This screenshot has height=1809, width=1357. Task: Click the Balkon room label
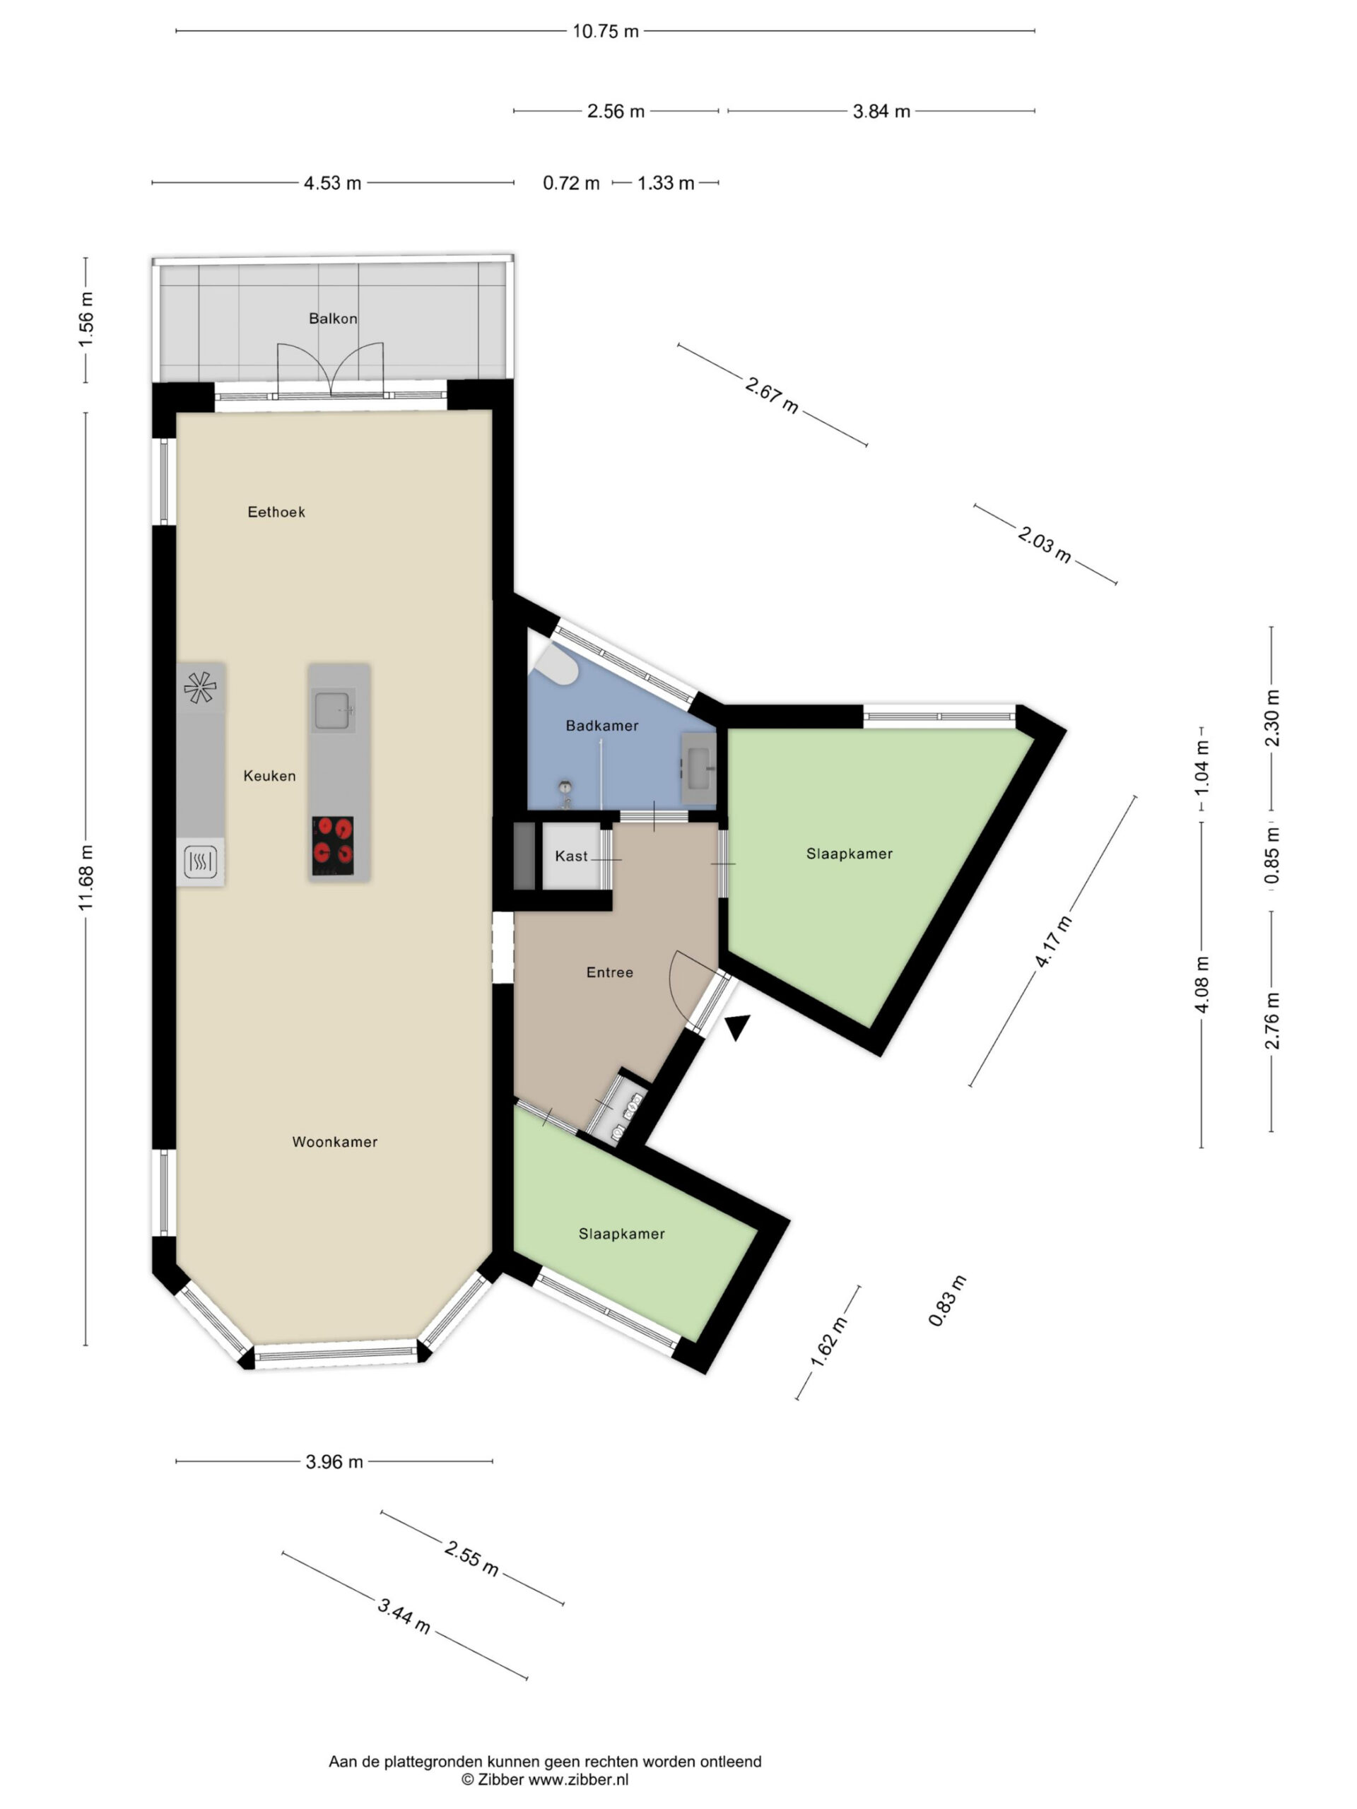(x=333, y=319)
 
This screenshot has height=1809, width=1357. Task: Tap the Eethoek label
(x=276, y=512)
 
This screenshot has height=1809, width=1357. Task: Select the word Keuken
(x=269, y=775)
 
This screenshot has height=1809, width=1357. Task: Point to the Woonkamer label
(x=334, y=1142)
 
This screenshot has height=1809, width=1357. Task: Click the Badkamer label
(x=602, y=726)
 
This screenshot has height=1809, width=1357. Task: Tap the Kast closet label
(x=571, y=856)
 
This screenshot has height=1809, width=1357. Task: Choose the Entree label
(x=609, y=972)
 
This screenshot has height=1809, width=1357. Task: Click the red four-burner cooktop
(x=333, y=846)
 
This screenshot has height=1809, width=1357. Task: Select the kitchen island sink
(x=333, y=709)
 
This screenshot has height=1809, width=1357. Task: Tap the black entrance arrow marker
(x=739, y=1026)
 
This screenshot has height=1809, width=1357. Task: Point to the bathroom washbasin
(x=698, y=768)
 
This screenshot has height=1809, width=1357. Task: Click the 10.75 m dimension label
(x=605, y=31)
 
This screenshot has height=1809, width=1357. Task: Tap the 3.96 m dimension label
(x=334, y=1461)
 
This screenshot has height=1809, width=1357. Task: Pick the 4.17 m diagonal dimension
(x=1054, y=941)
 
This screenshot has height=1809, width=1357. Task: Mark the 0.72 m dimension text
(x=571, y=183)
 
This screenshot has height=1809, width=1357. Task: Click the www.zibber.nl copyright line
(x=545, y=1779)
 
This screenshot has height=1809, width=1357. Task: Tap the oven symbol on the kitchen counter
(x=201, y=861)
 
